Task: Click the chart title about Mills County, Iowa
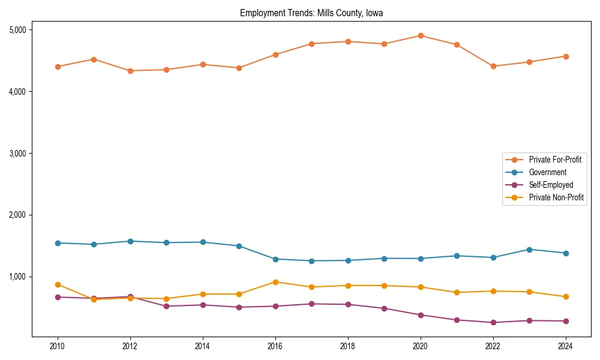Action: pos(311,13)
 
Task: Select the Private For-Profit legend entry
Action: pos(555,160)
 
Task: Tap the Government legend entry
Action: pos(547,172)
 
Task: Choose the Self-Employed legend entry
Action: pos(551,185)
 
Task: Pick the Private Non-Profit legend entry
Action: pos(556,197)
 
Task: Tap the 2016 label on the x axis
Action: pos(275,346)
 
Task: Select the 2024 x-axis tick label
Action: pos(565,346)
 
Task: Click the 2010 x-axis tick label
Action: pos(58,346)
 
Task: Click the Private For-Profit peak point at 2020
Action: pos(421,35)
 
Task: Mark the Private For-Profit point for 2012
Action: pos(130,71)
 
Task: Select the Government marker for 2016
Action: pos(275,259)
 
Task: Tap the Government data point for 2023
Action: pos(529,250)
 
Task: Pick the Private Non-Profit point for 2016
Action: pos(275,282)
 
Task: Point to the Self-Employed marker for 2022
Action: pos(493,323)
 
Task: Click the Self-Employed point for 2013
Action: pos(166,307)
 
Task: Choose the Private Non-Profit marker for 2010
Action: pos(58,284)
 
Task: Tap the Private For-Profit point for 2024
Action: pos(565,56)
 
